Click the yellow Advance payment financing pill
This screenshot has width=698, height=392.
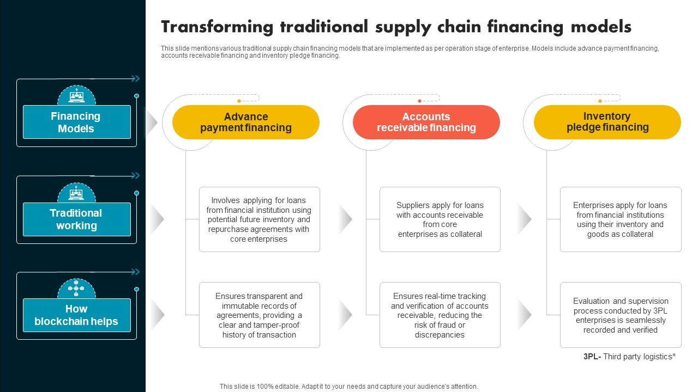pos(245,122)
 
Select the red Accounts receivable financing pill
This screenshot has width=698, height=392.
pos(426,122)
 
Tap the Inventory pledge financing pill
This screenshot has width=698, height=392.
pos(607,122)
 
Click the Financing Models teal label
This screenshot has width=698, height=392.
pos(76,122)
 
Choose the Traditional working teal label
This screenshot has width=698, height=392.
pos(76,219)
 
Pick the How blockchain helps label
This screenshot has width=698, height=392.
pos(76,315)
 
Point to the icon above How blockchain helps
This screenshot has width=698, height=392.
pos(76,289)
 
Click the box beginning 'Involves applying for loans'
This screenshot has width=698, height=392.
pos(259,219)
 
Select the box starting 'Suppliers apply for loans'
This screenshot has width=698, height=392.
pos(440,219)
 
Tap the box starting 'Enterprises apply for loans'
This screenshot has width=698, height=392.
pos(620,219)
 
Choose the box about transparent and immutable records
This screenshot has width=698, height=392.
pos(259,315)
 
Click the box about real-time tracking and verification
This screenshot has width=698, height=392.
pos(440,315)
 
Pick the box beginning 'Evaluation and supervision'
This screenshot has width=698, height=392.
pos(620,315)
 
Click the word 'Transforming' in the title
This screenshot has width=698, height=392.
pos(217,27)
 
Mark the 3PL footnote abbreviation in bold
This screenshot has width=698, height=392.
pos(591,357)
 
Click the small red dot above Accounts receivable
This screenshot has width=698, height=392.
pos(419,101)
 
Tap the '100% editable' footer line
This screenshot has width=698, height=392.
pos(348,387)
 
